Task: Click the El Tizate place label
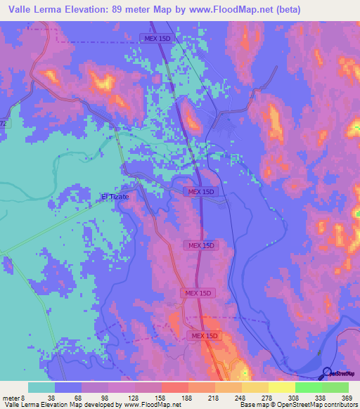pos(115,197)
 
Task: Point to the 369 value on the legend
pos(345,397)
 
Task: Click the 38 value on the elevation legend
pos(51,397)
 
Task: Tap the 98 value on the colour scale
pos(104,397)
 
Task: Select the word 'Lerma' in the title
pos(56,10)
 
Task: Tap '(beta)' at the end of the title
pos(288,10)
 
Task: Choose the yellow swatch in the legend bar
pos(281,387)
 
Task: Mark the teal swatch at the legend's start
pos(41,387)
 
